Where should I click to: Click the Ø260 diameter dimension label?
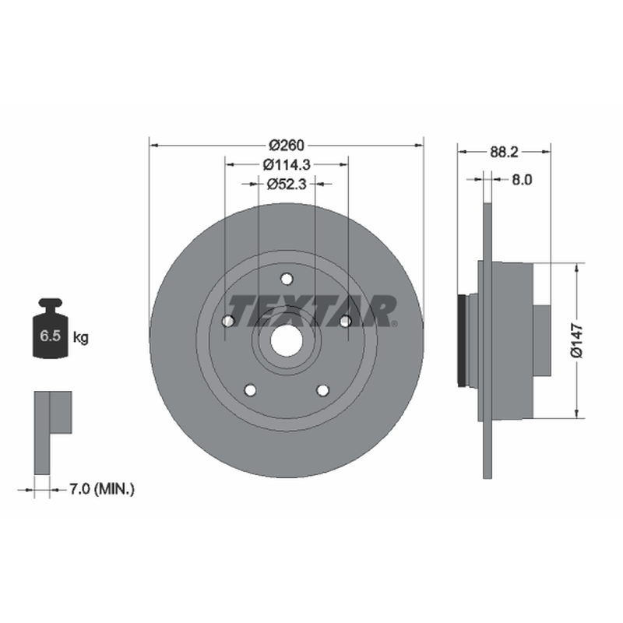[x=287, y=146]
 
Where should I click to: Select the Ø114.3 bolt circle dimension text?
[x=287, y=164]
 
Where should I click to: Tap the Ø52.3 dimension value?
[x=287, y=184]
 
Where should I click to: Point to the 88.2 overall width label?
[x=504, y=152]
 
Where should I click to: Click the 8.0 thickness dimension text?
[x=522, y=180]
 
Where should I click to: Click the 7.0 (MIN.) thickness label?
[x=102, y=489]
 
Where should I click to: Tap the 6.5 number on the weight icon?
[x=50, y=336]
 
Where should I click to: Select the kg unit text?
[x=81, y=338]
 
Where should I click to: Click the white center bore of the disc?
[x=287, y=340]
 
